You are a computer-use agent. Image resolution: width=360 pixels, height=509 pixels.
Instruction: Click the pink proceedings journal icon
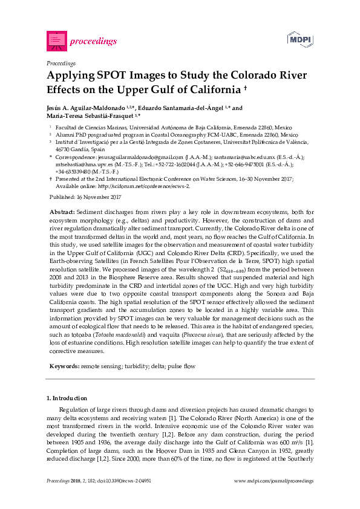56,41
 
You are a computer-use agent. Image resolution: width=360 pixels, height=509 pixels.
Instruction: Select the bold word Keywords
64,366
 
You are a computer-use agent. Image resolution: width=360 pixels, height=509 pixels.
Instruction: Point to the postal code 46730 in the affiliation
62,148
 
